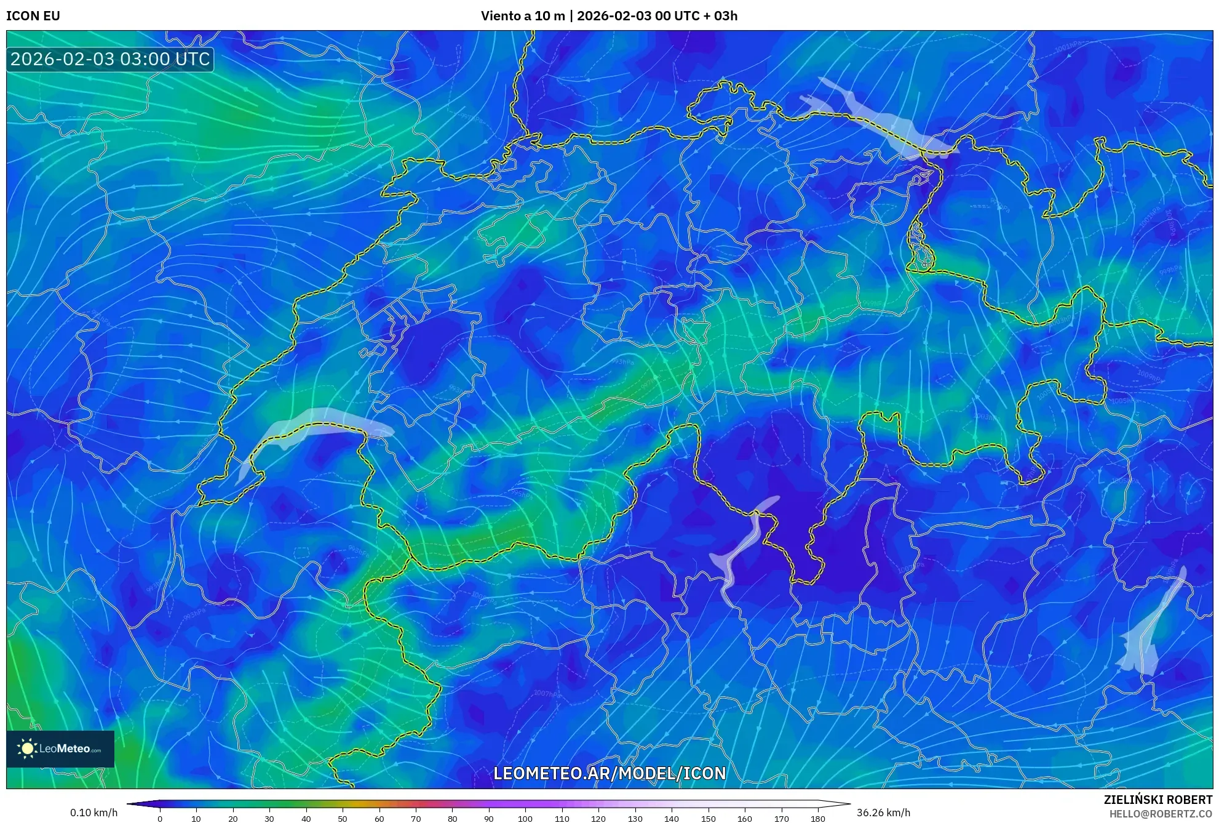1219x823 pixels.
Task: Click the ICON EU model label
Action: pyautogui.click(x=33, y=16)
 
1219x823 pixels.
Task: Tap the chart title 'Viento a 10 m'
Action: pyautogui.click(x=522, y=16)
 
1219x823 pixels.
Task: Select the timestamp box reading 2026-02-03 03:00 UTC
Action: pyautogui.click(x=110, y=60)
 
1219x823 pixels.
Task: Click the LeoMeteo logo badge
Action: pyautogui.click(x=60, y=749)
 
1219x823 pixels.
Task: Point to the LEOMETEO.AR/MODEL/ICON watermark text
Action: pyautogui.click(x=609, y=774)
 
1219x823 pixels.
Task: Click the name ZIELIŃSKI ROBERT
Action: pyautogui.click(x=1157, y=800)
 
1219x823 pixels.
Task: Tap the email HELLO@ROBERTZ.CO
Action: pyautogui.click(x=1161, y=814)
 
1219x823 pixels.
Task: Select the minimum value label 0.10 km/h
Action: pyautogui.click(x=93, y=813)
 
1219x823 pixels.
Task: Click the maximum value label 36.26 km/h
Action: pyautogui.click(x=883, y=813)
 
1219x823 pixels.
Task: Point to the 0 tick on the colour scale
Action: pyautogui.click(x=160, y=819)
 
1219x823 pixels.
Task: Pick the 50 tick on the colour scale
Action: pyautogui.click(x=343, y=819)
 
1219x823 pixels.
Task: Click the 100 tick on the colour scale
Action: pyautogui.click(x=525, y=819)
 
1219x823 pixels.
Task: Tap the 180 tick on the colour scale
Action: pyautogui.click(x=817, y=819)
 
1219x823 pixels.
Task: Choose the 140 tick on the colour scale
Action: pyautogui.click(x=672, y=819)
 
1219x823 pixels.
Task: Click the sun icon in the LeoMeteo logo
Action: pyautogui.click(x=27, y=749)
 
